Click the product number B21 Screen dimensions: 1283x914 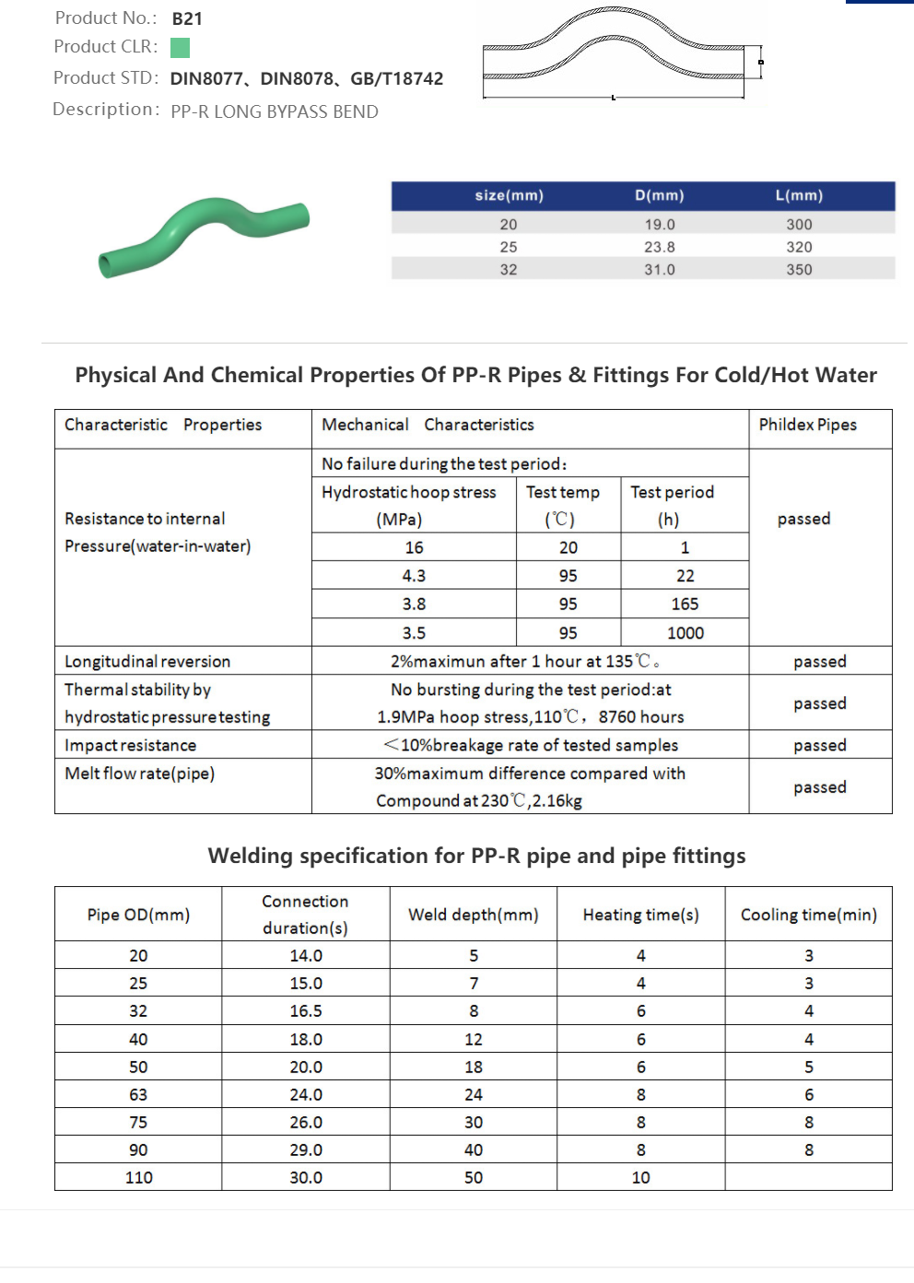click(187, 18)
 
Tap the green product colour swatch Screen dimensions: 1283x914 click(181, 48)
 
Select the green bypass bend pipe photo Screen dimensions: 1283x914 click(204, 235)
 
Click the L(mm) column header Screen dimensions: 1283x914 click(799, 195)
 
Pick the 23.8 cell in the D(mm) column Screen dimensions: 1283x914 click(660, 247)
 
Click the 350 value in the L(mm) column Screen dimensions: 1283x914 click(799, 270)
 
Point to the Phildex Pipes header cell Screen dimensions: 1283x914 click(808, 425)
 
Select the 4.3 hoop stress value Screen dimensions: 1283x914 click(414, 576)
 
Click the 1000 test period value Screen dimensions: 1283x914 click(685, 633)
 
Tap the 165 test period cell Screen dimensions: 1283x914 click(685, 604)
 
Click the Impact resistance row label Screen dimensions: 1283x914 click(131, 745)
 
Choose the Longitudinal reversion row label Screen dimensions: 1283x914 click(147, 661)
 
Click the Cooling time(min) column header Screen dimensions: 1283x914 click(808, 915)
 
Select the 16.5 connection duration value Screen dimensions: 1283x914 click(306, 1011)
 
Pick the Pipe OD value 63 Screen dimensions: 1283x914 click(138, 1094)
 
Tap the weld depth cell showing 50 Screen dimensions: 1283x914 click(474, 1177)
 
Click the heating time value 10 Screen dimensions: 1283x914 click(640, 1177)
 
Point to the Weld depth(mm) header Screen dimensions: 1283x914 click(474, 915)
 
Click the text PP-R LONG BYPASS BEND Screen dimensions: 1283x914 click(275, 111)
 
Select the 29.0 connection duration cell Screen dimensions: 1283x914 click(306, 1149)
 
